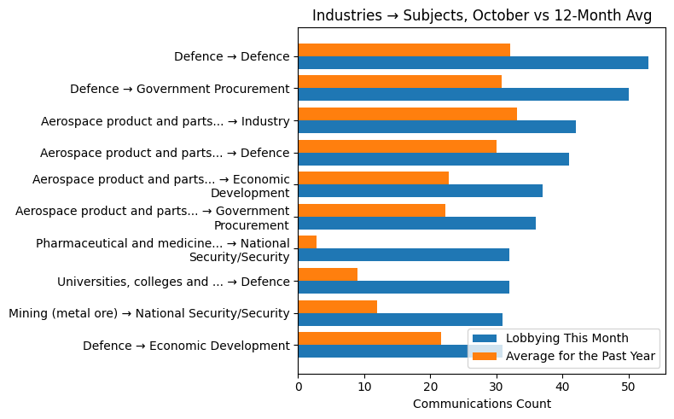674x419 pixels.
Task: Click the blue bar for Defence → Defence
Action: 473,63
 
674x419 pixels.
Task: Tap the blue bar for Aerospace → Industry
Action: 437,127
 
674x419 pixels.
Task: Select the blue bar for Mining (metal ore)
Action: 400,319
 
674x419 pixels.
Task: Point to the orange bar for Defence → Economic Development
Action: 369,338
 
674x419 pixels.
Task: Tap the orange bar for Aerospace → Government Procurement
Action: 371,210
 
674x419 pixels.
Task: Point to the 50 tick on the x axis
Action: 629,386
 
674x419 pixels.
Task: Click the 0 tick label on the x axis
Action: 298,386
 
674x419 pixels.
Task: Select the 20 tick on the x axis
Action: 430,386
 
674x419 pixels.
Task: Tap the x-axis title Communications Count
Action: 481,404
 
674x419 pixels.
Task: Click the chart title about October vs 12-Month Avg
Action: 481,15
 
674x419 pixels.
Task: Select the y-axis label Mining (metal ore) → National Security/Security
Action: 149,313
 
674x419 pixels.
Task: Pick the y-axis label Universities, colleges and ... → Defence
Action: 173,282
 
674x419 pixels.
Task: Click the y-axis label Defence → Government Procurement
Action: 180,89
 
